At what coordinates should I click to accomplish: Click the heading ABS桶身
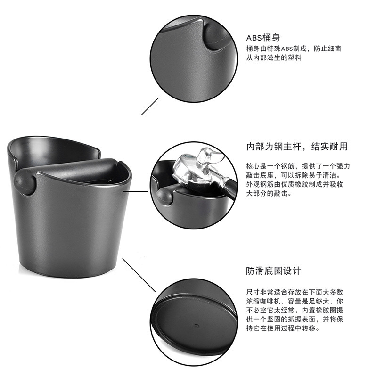tap(263, 38)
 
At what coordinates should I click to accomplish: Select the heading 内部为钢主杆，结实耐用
tap(297, 147)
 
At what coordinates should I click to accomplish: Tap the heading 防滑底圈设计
tap(273, 271)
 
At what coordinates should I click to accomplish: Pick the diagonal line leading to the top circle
tap(150, 106)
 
